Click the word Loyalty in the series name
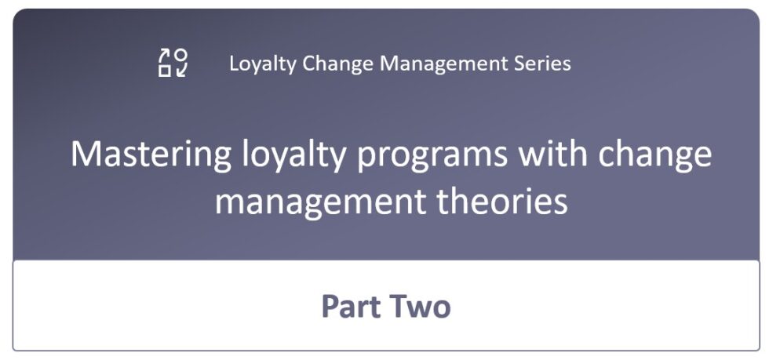click(256, 63)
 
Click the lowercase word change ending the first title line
click(656, 155)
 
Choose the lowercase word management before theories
click(318, 201)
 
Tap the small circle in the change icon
click(181, 55)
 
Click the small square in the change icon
click(165, 71)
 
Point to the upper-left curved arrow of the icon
click(165, 55)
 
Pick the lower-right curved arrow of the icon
click(181, 71)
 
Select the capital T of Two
click(401, 306)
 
